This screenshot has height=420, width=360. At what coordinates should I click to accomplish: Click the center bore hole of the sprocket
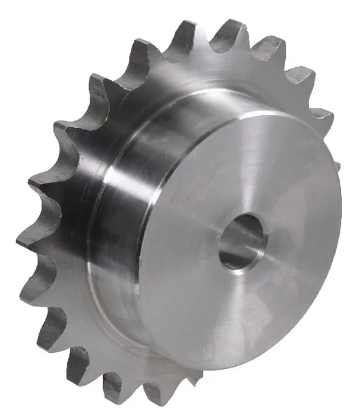point(242,242)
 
